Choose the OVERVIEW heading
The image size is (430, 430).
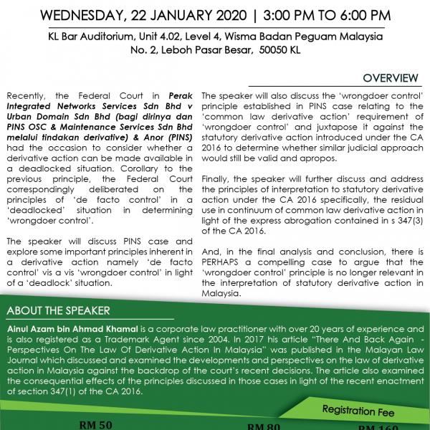pos(391,77)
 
